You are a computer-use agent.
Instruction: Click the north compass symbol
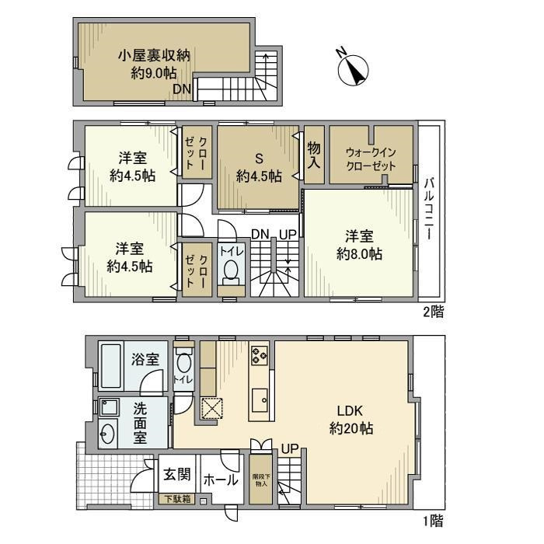pyautogui.click(x=353, y=70)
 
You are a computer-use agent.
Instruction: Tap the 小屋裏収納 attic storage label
pyautogui.click(x=154, y=55)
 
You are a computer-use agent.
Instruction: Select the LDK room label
pyautogui.click(x=350, y=411)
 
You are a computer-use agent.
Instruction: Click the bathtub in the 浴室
pyautogui.click(x=111, y=366)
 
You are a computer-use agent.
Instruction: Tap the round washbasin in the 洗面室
pyautogui.click(x=107, y=433)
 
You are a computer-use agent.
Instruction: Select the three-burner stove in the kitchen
pyautogui.click(x=259, y=355)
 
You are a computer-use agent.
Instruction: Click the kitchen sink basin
pyautogui.click(x=260, y=400)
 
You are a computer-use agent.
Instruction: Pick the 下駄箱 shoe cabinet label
pyautogui.click(x=177, y=499)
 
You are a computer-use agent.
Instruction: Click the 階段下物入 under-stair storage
pyautogui.click(x=260, y=479)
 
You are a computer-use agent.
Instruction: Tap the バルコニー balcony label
pyautogui.click(x=429, y=209)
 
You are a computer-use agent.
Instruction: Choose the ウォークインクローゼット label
pyautogui.click(x=371, y=159)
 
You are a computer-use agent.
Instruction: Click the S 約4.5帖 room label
pyautogui.click(x=259, y=168)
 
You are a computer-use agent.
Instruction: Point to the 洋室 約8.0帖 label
pyautogui.click(x=359, y=246)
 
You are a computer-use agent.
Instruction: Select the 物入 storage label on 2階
pyautogui.click(x=314, y=155)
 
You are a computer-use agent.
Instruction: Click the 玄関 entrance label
pyautogui.click(x=177, y=474)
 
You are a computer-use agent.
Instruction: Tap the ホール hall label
pyautogui.click(x=221, y=480)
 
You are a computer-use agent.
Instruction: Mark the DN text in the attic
pyautogui.click(x=182, y=89)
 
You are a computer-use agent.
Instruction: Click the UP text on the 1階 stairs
pyautogui.click(x=290, y=449)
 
